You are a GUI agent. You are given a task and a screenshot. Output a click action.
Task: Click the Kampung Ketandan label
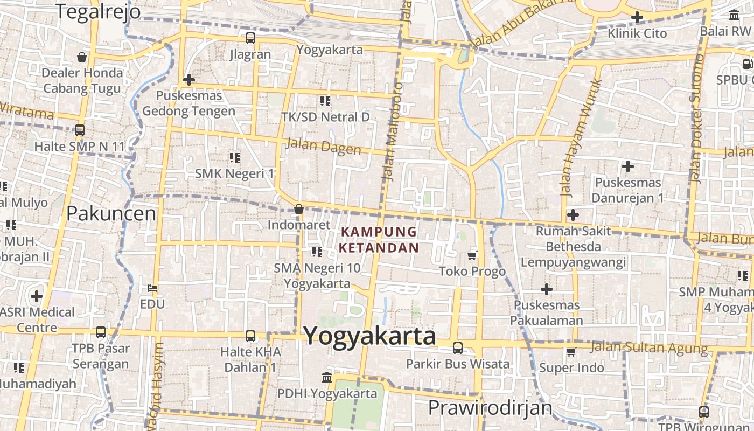coord(379,240)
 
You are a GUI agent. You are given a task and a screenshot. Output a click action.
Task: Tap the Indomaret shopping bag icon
coord(299,209)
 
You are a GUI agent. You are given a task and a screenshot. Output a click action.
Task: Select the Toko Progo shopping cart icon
coord(472,255)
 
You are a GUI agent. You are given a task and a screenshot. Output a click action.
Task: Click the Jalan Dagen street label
coord(324,146)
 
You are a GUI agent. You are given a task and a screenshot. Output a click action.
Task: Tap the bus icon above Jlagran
coord(250,38)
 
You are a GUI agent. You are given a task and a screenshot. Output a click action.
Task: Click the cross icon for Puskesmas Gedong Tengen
coord(188,80)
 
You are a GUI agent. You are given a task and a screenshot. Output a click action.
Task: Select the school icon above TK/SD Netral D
coord(325,101)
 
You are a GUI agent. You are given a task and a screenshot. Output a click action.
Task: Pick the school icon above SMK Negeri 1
coord(234,157)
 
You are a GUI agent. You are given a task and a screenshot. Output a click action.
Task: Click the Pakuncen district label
coord(111,214)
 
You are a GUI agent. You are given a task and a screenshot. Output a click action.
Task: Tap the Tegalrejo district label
coord(98,11)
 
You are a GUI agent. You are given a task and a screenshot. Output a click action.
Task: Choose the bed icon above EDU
coord(152,288)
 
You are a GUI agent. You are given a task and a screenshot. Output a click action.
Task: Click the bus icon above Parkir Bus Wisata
coord(458,348)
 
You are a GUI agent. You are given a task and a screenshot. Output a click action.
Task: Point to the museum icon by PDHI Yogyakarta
coord(327,377)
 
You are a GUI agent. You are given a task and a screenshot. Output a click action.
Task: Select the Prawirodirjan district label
coord(490,408)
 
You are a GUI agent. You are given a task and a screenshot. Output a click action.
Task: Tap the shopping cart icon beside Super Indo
coord(571,352)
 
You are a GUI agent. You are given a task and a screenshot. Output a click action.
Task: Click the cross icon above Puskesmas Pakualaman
coord(547,289)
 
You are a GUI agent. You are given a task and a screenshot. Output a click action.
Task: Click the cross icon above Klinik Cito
coord(637,17)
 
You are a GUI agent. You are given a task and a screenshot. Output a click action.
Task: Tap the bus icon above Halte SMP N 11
coord(80,130)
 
